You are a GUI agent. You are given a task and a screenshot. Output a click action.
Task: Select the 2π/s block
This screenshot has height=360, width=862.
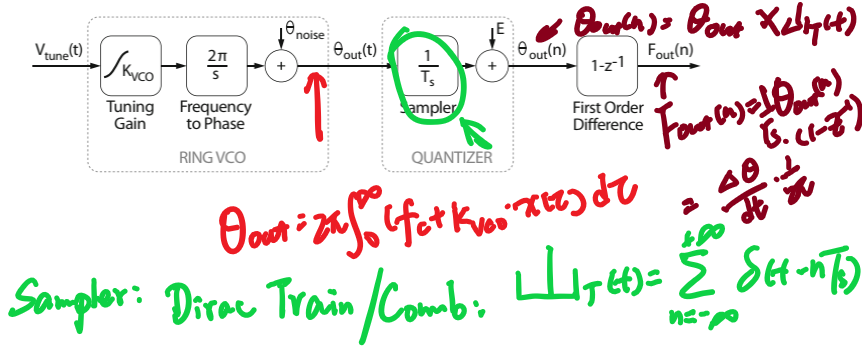[x=214, y=66]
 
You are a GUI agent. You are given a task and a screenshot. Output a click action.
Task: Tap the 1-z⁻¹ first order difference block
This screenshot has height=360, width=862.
[x=607, y=66]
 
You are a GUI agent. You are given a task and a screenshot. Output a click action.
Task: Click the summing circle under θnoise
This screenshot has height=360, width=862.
[x=281, y=66]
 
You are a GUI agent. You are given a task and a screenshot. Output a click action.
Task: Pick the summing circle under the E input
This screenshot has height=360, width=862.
[x=492, y=66]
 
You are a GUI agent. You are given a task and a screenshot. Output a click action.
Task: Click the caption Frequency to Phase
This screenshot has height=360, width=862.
[x=214, y=115]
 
